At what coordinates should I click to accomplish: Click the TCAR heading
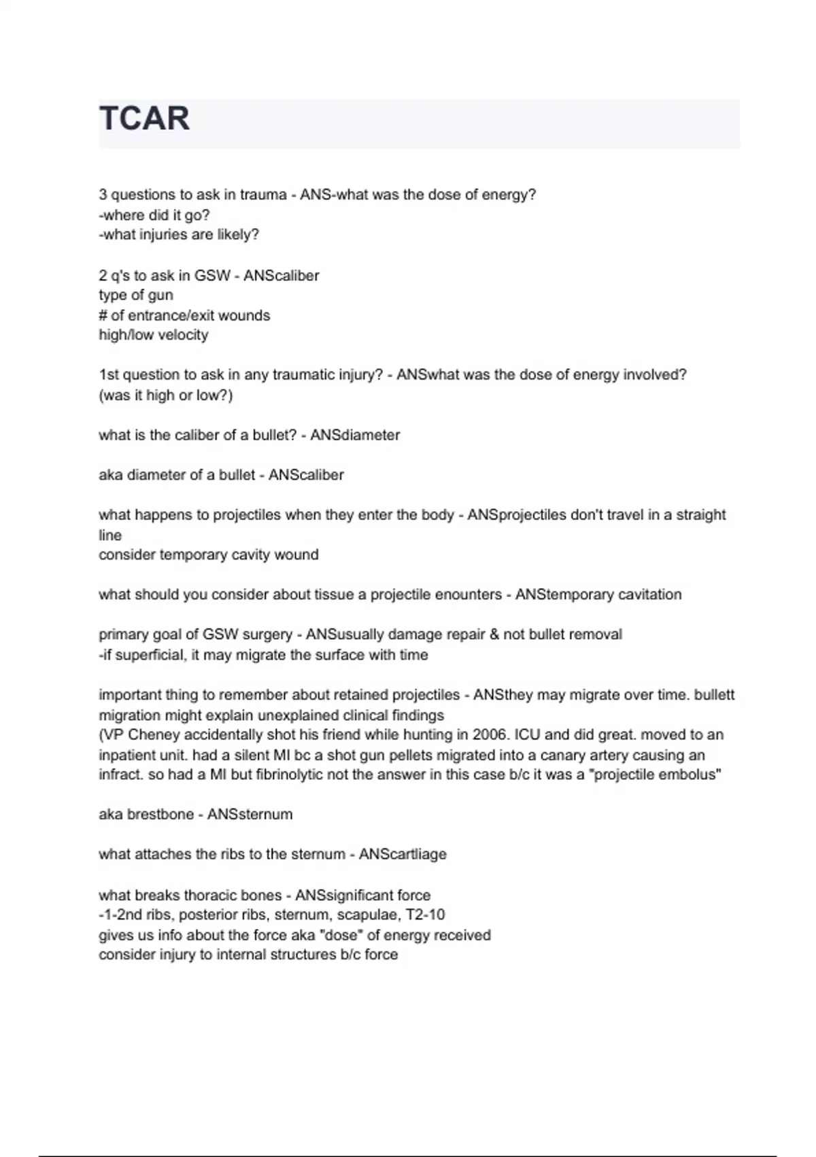point(144,118)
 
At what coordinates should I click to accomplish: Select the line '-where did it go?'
point(154,215)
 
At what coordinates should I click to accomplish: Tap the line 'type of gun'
point(136,295)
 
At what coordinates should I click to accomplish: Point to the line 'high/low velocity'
point(154,335)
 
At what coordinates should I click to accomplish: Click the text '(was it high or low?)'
point(165,395)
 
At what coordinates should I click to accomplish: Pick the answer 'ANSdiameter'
point(355,435)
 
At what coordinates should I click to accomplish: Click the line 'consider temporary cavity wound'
point(208,555)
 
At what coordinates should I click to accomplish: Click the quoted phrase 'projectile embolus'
point(657,775)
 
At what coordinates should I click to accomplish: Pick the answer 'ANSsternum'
point(250,815)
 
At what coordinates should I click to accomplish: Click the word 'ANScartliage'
point(403,855)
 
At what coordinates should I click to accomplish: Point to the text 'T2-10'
point(425,915)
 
